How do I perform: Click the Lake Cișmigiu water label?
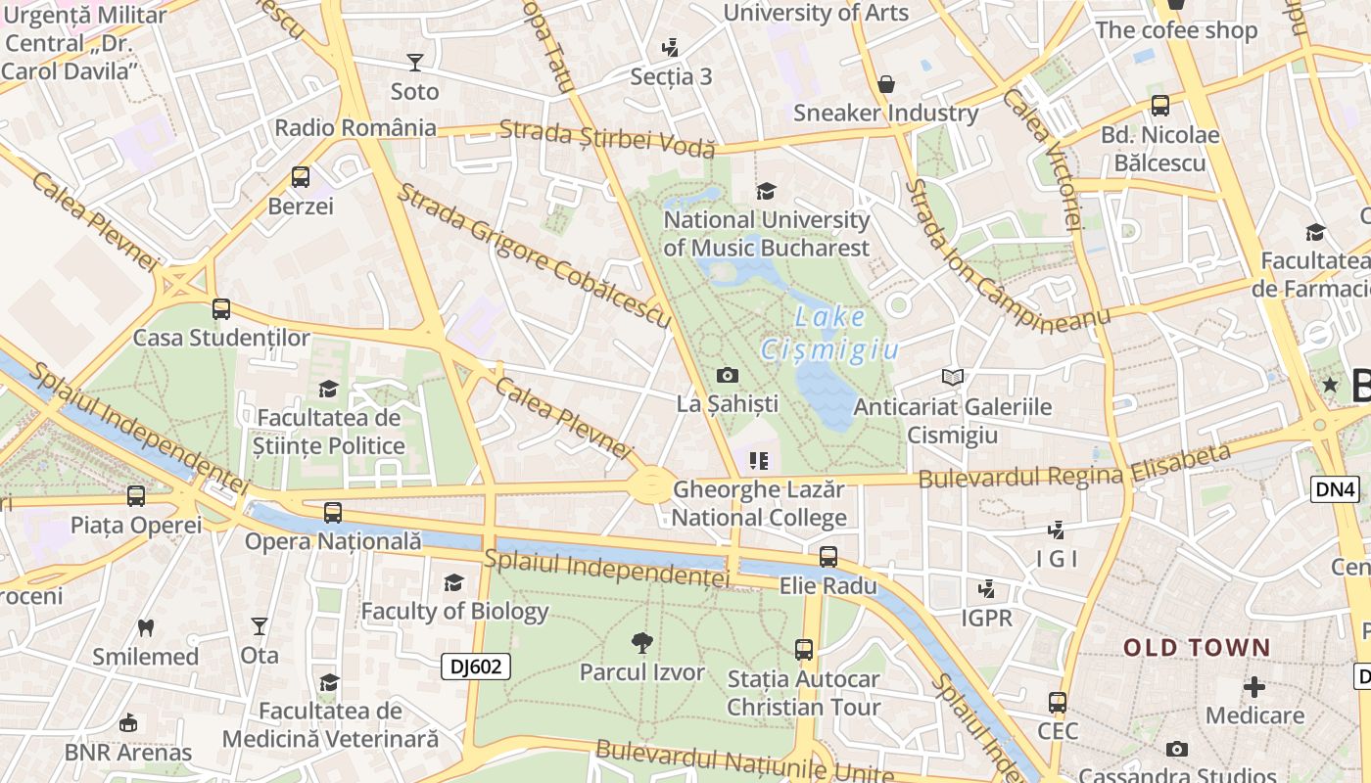[x=829, y=333]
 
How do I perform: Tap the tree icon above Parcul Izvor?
[x=642, y=643]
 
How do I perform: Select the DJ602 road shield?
[x=475, y=667]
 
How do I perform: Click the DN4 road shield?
[x=1335, y=489]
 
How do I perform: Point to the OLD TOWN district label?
[x=1196, y=648]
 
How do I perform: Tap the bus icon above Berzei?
[x=301, y=177]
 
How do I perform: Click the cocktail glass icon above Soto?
[x=415, y=63]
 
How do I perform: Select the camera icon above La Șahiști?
[x=727, y=375]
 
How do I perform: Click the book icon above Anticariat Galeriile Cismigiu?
[x=952, y=377]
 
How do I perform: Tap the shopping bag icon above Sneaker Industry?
[x=886, y=84]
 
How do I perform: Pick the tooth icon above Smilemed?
[x=146, y=627]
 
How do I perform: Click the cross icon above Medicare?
[x=1254, y=687]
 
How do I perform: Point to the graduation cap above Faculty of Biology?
[x=453, y=583]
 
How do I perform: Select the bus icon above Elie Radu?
[x=828, y=557]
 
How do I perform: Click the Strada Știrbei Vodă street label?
[x=607, y=138]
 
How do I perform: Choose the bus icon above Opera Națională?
[x=333, y=512]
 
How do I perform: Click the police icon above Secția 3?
[x=671, y=47]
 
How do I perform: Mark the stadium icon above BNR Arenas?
[x=127, y=723]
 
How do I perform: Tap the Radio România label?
[x=355, y=127]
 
